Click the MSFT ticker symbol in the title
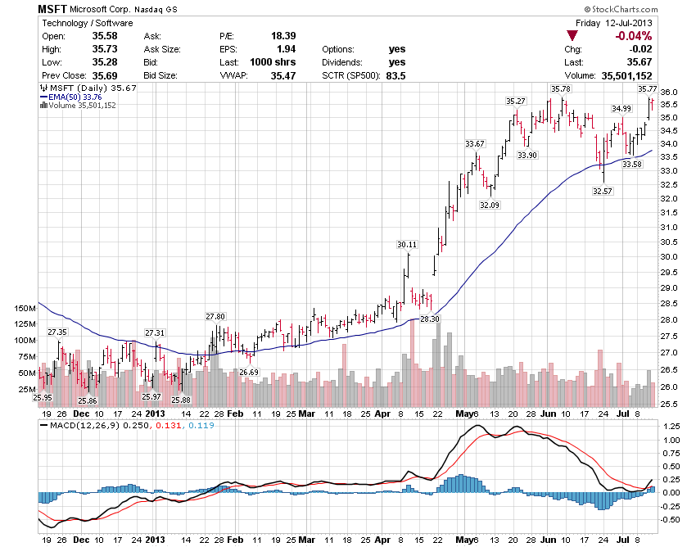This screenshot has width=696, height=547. pyautogui.click(x=52, y=8)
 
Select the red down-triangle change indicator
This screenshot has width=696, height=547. pyautogui.click(x=572, y=36)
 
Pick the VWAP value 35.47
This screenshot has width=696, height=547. pyautogui.click(x=282, y=75)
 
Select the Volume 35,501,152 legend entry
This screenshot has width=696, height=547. pyautogui.click(x=81, y=106)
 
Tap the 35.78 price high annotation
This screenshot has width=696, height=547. pyautogui.click(x=561, y=88)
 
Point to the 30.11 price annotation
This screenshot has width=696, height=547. pyautogui.click(x=407, y=244)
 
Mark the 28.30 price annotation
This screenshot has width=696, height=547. pyautogui.click(x=429, y=319)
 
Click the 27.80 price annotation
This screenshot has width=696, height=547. pyautogui.click(x=215, y=316)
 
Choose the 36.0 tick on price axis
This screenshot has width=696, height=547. pyautogui.click(x=670, y=92)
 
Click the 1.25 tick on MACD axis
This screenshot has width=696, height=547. pyautogui.click(x=672, y=427)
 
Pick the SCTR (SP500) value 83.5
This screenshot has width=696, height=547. pyautogui.click(x=395, y=75)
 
